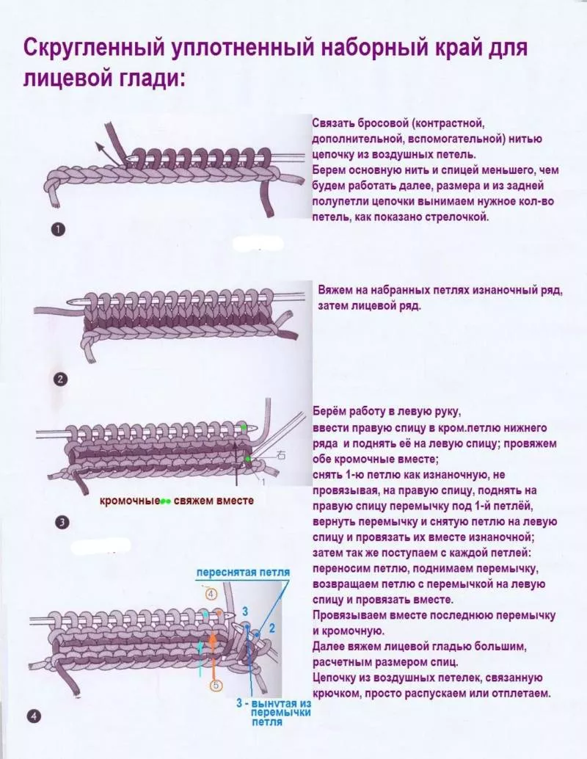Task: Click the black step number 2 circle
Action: (x=61, y=380)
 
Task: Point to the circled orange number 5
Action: (x=216, y=686)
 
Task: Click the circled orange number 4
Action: (x=211, y=593)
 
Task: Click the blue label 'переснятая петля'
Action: (x=242, y=573)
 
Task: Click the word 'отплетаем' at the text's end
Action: (x=522, y=693)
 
